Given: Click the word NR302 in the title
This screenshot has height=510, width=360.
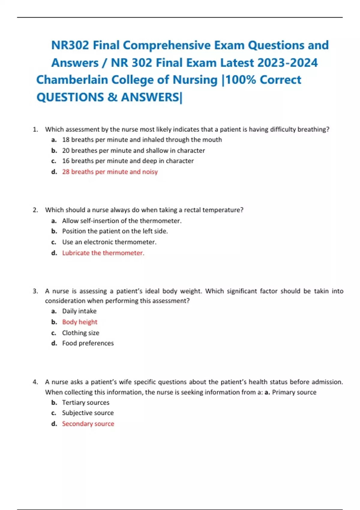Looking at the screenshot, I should (x=70, y=45).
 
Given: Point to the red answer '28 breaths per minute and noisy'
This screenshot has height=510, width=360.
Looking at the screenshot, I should (x=110, y=172).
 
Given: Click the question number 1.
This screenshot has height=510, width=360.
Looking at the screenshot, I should (x=35, y=129).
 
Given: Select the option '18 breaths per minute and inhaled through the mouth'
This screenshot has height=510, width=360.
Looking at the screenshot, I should (x=142, y=139).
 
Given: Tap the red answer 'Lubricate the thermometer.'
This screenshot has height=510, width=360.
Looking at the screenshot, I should (x=103, y=253).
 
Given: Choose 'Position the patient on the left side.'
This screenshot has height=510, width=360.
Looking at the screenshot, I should (x=115, y=231).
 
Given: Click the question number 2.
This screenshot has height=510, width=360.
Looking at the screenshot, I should (x=35, y=210).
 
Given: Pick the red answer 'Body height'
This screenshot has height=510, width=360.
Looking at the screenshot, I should (x=79, y=322).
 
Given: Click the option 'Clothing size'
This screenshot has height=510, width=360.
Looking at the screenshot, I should (x=80, y=333).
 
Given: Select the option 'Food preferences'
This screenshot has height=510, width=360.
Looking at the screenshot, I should (x=88, y=343).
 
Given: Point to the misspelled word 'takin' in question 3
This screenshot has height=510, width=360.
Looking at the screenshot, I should (x=321, y=291).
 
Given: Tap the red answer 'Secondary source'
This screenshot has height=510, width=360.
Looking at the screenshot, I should (x=88, y=424).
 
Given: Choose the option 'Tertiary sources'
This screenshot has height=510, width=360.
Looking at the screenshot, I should (x=85, y=403).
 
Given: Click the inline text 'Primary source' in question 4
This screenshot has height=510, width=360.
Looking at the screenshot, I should (x=294, y=392).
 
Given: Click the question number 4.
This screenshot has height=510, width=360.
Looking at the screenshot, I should (x=35, y=382).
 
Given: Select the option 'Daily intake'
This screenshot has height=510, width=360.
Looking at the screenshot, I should (x=79, y=311).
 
